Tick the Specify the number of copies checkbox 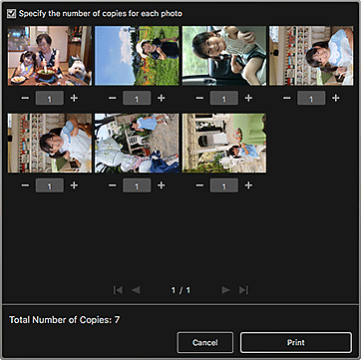[x=11, y=12]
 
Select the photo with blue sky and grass [x=134, y=56]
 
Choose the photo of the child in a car [x=220, y=56]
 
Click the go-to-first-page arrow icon [x=119, y=289]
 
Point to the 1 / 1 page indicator [x=180, y=289]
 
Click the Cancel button [x=204, y=340]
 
